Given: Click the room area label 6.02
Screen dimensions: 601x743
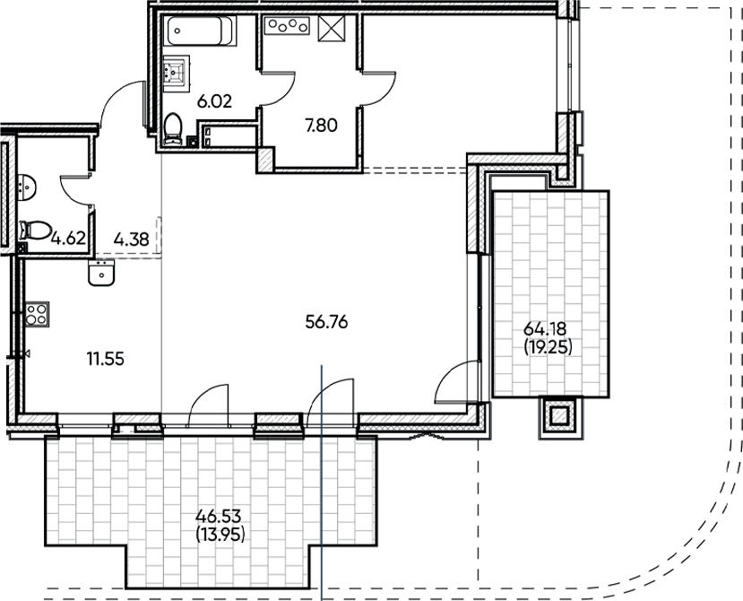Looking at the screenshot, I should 214,101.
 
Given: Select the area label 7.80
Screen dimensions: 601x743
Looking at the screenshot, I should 321,126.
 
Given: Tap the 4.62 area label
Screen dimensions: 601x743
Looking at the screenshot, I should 68,239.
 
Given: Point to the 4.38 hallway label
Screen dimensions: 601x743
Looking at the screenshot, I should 131,239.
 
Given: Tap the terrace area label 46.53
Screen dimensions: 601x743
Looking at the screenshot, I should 220,518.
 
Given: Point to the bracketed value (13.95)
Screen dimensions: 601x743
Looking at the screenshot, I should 220,535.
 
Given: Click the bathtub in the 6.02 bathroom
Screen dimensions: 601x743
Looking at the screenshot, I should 201,32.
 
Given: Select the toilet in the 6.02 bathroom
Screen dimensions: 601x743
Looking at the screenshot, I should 174,128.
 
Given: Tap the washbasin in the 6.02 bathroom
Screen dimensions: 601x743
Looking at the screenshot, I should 177,70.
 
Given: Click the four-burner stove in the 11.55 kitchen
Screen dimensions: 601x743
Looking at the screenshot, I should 37,314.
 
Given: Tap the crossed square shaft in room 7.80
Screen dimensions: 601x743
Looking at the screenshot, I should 333,29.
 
